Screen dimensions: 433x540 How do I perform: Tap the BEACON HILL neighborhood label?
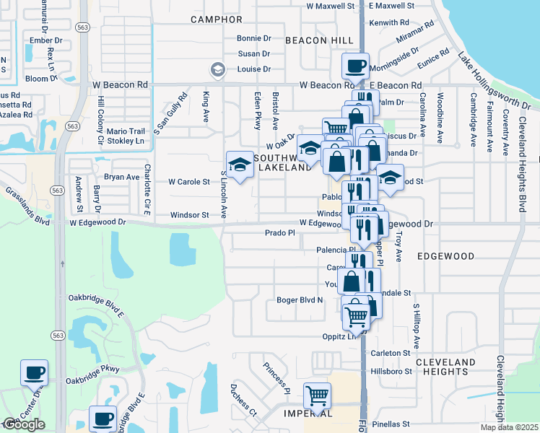(x=318, y=40)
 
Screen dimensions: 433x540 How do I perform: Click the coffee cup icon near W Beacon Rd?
(x=355, y=66)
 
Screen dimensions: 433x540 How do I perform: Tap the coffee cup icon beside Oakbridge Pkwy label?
(x=35, y=373)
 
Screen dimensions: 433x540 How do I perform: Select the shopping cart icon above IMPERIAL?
(x=317, y=395)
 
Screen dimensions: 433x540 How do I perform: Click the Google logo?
(x=24, y=424)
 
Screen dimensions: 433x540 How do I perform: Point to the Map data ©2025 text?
(x=509, y=427)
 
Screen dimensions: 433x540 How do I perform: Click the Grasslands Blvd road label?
(x=27, y=204)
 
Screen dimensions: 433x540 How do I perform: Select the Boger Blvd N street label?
(x=300, y=300)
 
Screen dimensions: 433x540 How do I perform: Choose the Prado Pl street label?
(x=280, y=233)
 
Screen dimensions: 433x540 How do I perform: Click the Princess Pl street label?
(x=276, y=378)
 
